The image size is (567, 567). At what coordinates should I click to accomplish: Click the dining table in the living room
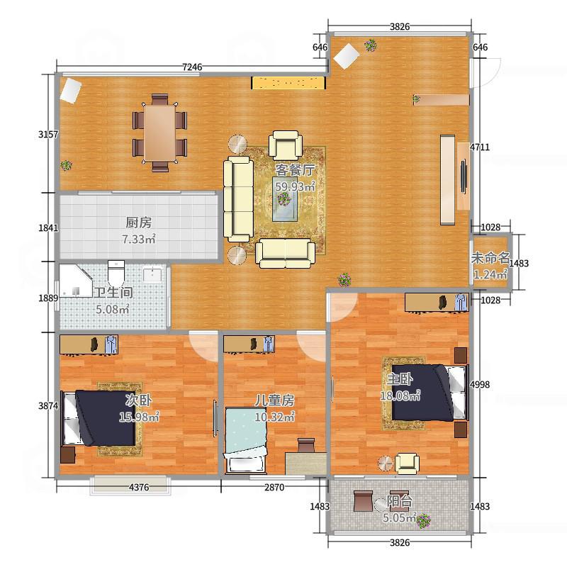tap(160, 133)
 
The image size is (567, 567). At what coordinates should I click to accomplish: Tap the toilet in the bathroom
tap(116, 274)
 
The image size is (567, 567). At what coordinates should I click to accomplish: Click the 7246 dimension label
tap(192, 67)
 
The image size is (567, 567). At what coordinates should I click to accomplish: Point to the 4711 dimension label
tap(480, 147)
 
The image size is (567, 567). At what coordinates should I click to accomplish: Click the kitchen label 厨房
tap(138, 222)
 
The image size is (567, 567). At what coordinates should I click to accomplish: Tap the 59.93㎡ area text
tap(295, 186)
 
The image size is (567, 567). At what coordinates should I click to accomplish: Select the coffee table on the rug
tap(285, 198)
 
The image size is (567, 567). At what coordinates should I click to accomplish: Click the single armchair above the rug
tap(286, 145)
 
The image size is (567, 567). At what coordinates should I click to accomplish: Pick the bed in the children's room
tap(246, 440)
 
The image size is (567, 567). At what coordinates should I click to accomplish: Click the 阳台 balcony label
tap(400, 501)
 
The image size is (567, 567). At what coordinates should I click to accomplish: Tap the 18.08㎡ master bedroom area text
tap(400, 395)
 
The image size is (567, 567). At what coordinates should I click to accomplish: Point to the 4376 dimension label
tap(139, 487)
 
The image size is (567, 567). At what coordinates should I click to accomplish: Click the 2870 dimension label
tap(274, 487)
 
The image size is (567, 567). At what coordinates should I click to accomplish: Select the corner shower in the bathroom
tap(75, 281)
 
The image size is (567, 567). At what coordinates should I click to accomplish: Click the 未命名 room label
tap(490, 258)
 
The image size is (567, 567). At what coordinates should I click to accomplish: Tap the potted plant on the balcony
tap(423, 521)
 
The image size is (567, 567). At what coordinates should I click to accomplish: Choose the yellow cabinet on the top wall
tap(288, 83)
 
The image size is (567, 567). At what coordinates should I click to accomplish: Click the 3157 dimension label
tap(48, 135)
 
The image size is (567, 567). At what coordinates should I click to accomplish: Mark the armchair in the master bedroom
tap(407, 464)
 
